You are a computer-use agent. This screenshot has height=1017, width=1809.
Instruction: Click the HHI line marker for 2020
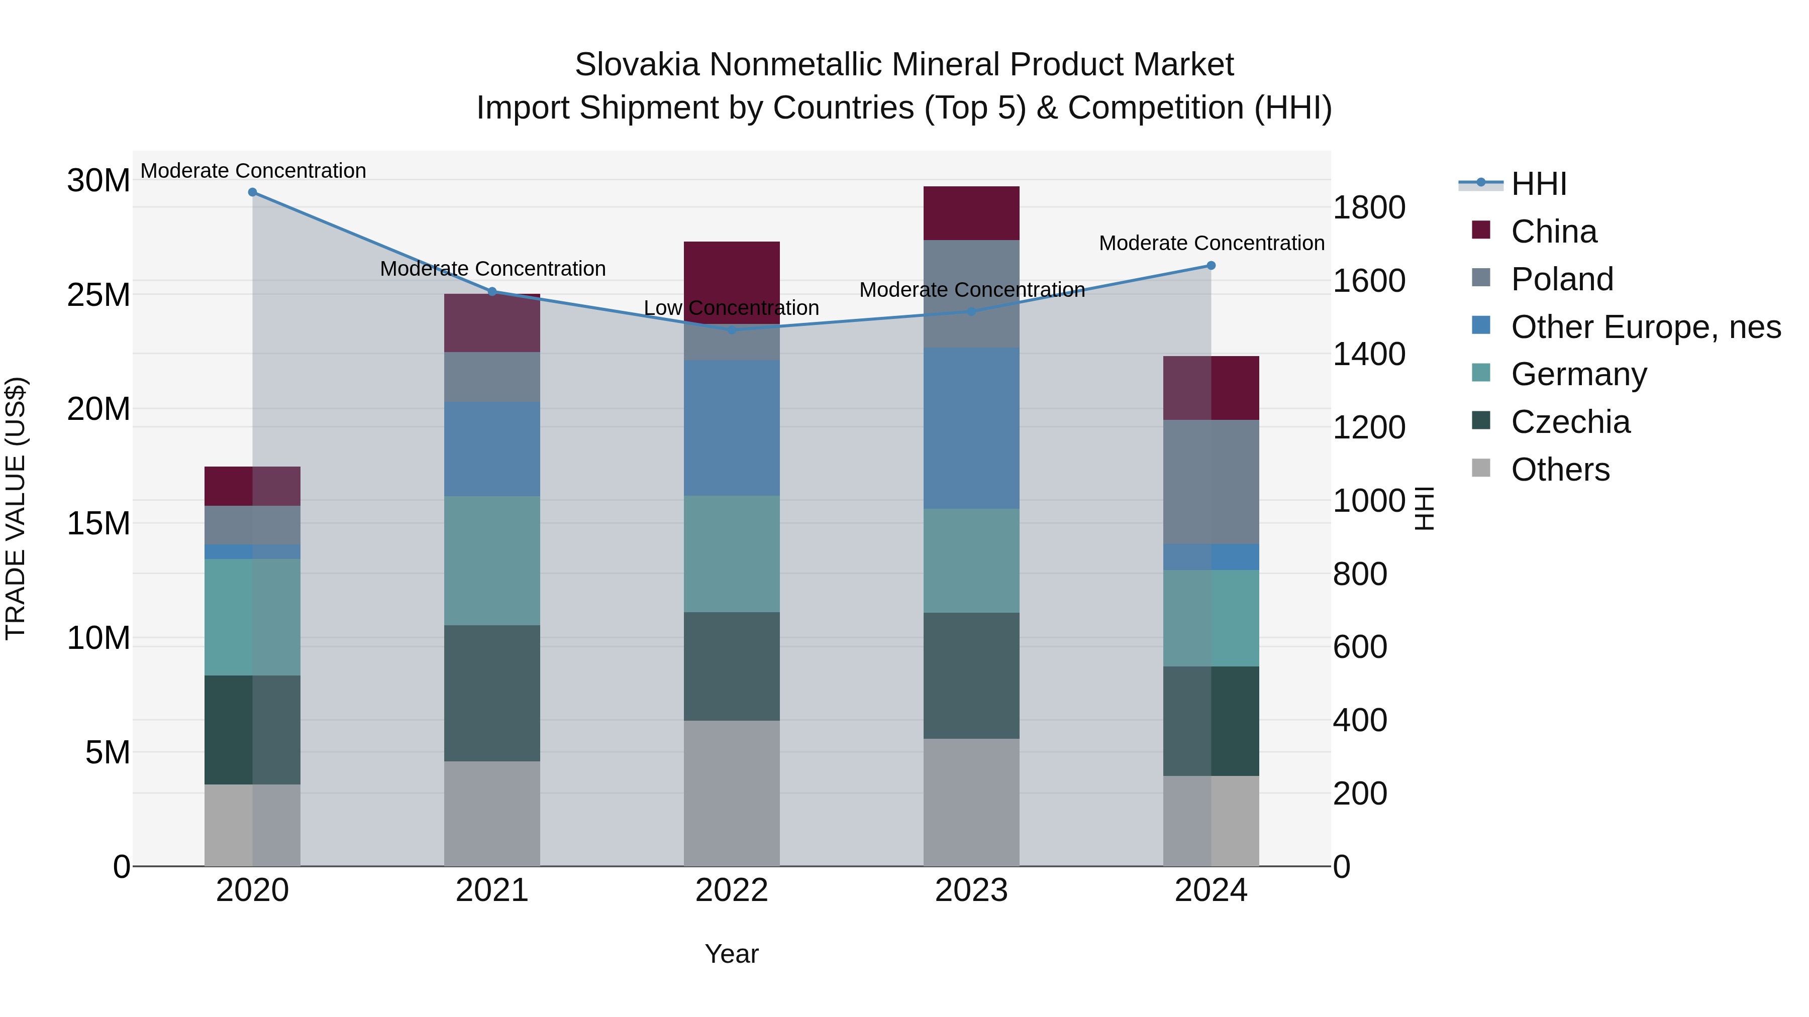tap(252, 192)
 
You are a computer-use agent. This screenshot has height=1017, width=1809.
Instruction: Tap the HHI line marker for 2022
tap(732, 330)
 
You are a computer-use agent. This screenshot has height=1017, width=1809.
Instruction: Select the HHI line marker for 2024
tap(1211, 265)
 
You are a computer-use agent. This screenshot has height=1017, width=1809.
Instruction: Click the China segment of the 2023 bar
tap(971, 213)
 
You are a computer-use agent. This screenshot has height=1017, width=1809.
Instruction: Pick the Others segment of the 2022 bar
tap(732, 793)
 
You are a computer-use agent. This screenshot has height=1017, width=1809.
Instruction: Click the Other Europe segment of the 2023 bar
tap(971, 428)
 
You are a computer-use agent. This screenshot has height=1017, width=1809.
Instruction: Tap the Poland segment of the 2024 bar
tap(1211, 482)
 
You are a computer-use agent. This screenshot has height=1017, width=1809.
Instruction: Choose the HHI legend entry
tap(1538, 184)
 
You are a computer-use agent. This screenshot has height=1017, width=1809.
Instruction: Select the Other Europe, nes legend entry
tap(1645, 327)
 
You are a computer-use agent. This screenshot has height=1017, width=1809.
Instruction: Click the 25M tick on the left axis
tap(98, 295)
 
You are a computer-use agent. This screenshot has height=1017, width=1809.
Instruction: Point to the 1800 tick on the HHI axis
tap(1369, 208)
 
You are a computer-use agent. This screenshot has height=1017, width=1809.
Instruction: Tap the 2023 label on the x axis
tap(971, 890)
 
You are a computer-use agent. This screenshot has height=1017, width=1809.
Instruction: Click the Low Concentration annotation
tap(731, 308)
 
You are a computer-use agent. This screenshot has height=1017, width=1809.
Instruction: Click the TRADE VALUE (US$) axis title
tap(16, 508)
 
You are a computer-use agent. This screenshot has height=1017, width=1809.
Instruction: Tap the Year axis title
tap(732, 954)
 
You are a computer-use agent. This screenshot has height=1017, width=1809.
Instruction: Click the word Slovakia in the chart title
tap(637, 65)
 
